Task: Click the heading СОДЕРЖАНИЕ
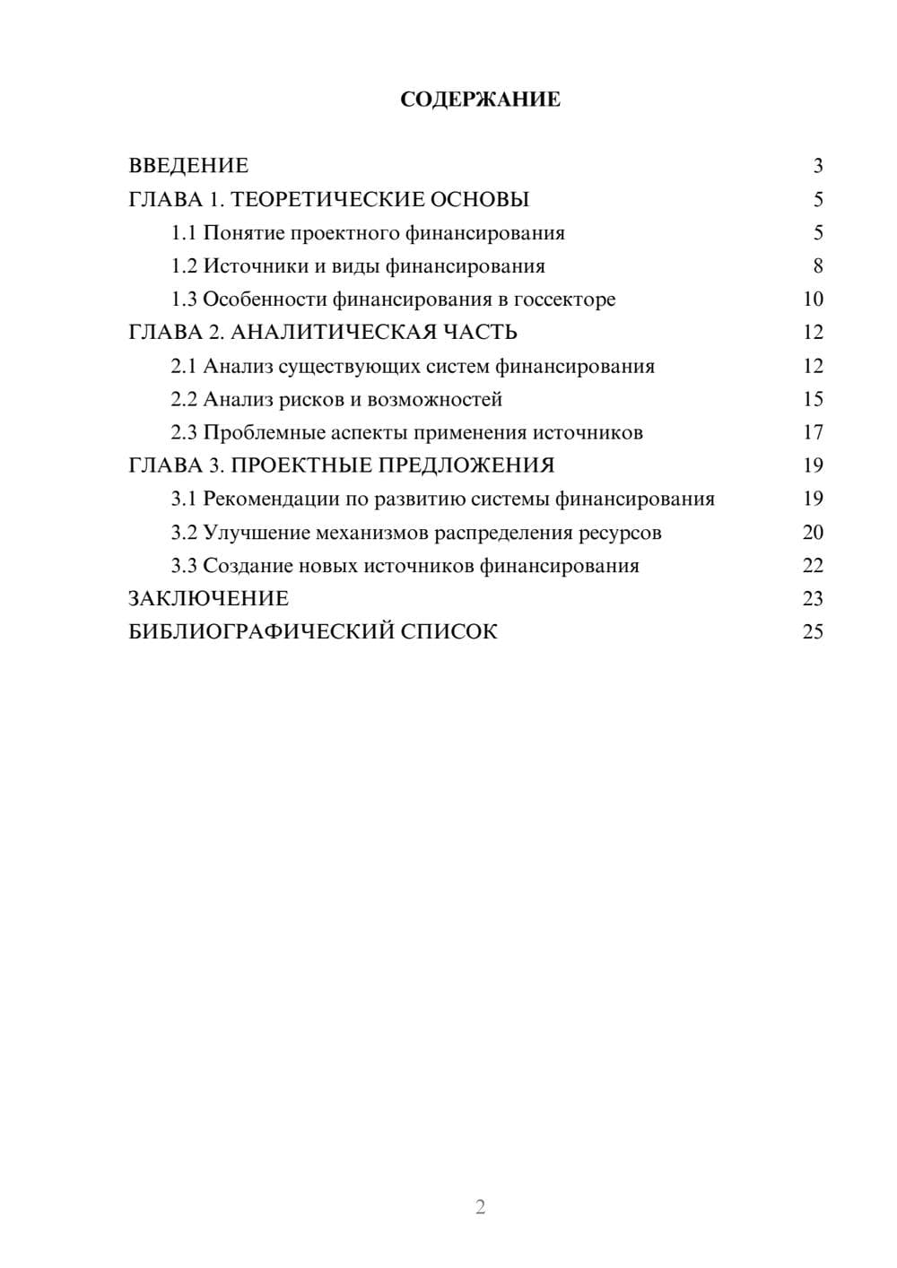click(480, 100)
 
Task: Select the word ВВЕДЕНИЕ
click(188, 166)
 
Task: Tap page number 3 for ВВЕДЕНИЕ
click(818, 166)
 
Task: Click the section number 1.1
click(184, 233)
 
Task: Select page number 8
click(818, 266)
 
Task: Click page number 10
click(813, 300)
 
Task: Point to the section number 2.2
click(184, 399)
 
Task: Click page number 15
click(813, 399)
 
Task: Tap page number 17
click(813, 433)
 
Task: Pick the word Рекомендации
click(272, 499)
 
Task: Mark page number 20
click(813, 533)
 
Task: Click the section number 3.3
click(184, 566)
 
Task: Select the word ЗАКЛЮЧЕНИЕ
click(208, 598)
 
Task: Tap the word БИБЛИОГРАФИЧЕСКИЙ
click(261, 632)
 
